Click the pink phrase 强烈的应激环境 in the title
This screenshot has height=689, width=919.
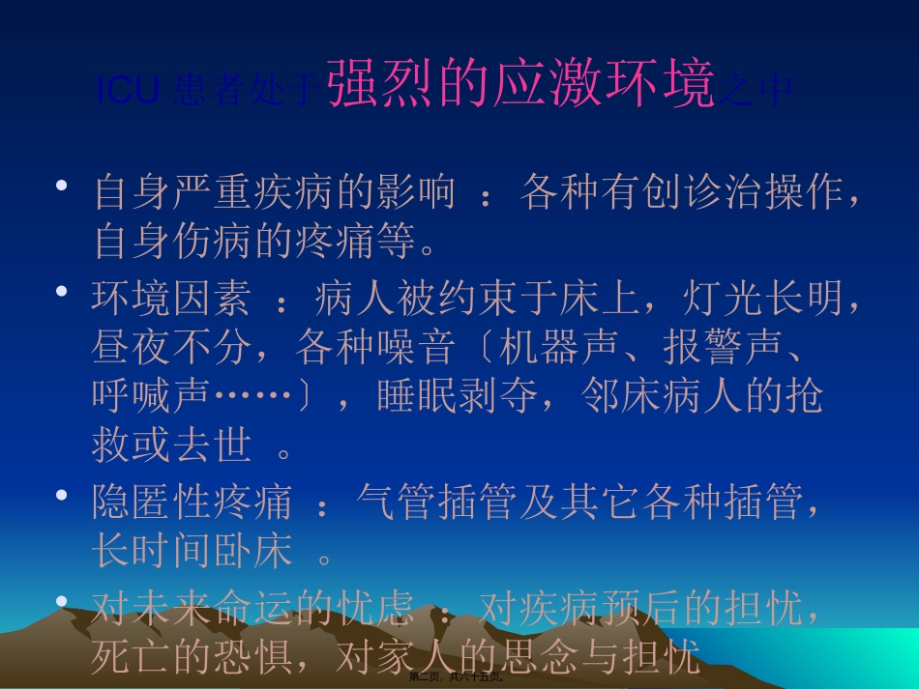point(520,85)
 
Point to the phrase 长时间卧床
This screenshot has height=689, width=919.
point(192,552)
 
